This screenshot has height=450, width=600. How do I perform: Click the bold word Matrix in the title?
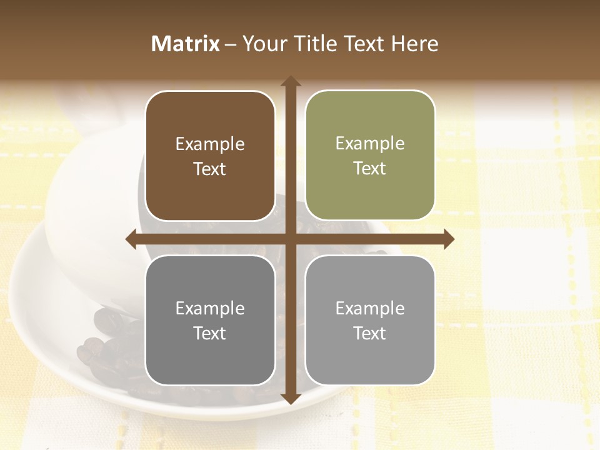coord(186,44)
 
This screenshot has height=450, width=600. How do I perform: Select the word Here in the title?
coord(415,44)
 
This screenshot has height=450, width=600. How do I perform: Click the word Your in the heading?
coord(261,44)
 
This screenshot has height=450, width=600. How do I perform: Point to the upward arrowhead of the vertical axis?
coord(291,81)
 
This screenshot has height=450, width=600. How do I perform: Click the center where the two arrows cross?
coord(291,239)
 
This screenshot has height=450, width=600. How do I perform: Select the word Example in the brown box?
coord(210,144)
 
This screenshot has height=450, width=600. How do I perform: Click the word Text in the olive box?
coord(370,169)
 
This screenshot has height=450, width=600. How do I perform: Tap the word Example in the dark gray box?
coord(210,309)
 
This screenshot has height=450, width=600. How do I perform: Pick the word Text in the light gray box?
coord(370,333)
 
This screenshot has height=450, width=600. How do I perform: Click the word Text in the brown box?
coord(210,169)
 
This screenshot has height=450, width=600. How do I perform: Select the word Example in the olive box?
coord(370,144)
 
